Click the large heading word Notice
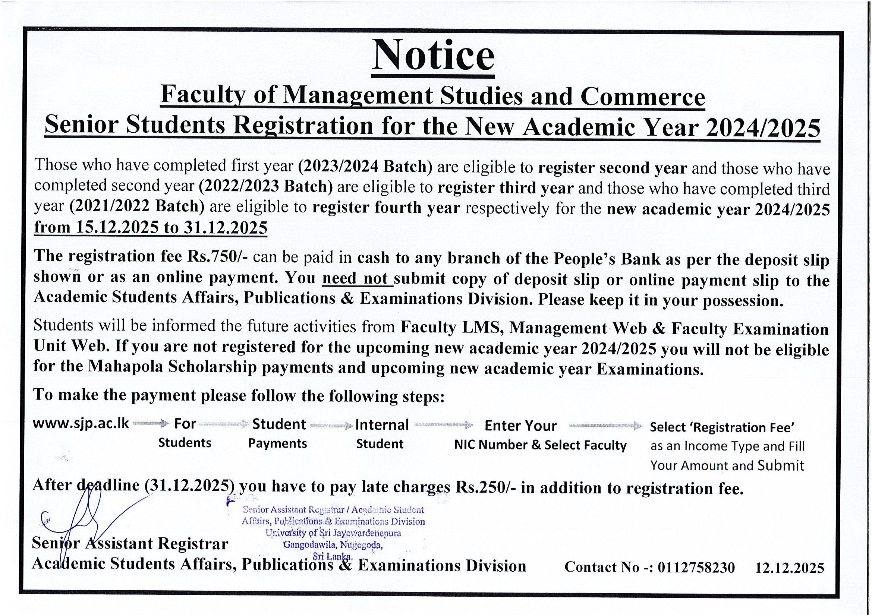click(433, 56)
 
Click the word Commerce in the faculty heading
click(643, 97)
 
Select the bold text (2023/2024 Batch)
click(365, 167)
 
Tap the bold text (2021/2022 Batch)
click(137, 206)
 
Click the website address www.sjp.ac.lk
click(81, 424)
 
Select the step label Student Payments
click(278, 433)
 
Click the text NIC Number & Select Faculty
click(540, 445)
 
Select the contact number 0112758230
click(696, 568)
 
